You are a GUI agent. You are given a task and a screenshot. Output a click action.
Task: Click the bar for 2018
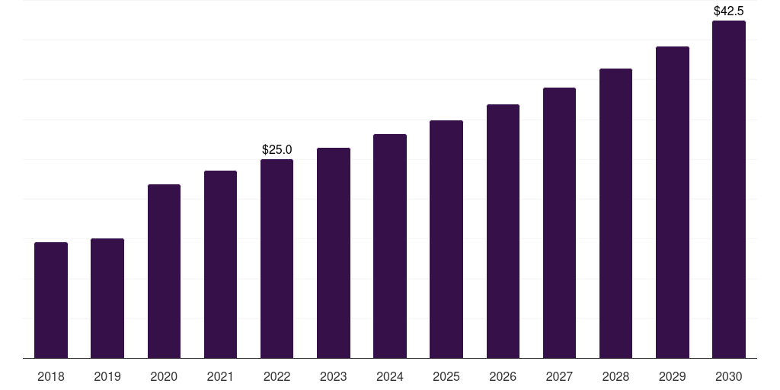coord(51,300)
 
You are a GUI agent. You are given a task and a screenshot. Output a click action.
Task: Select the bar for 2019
coord(107,299)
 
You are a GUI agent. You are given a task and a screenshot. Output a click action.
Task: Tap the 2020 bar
coord(165,271)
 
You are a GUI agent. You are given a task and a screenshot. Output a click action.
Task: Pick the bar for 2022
coord(277,259)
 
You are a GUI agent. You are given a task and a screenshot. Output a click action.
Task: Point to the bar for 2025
coord(446,239)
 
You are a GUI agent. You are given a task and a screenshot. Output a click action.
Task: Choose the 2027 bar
coord(559,223)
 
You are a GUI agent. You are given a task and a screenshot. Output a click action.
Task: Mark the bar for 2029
coord(673,203)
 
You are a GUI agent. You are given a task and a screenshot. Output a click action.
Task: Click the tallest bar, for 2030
coord(729,190)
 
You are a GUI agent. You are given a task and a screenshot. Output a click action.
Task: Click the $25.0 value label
coord(277,149)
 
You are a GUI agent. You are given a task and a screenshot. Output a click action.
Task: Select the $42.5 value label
coord(729,11)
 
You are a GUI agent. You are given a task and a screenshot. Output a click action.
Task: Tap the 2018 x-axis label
coord(51,376)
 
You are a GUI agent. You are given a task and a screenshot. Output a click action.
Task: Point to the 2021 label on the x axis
coord(220,376)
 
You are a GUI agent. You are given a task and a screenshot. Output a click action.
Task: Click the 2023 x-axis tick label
coord(334,376)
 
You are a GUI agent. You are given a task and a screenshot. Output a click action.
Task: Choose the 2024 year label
coord(390,376)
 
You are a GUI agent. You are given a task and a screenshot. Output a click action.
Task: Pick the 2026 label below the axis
coord(503,376)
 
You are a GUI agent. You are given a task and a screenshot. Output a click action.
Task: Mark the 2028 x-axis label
coord(615,376)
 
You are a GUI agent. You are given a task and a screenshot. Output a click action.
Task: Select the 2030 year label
coord(729,376)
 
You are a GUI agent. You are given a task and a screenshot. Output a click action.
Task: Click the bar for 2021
coord(220,264)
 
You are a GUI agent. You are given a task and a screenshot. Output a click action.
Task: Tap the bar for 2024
coord(390,246)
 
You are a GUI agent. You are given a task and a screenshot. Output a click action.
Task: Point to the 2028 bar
coord(615,213)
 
